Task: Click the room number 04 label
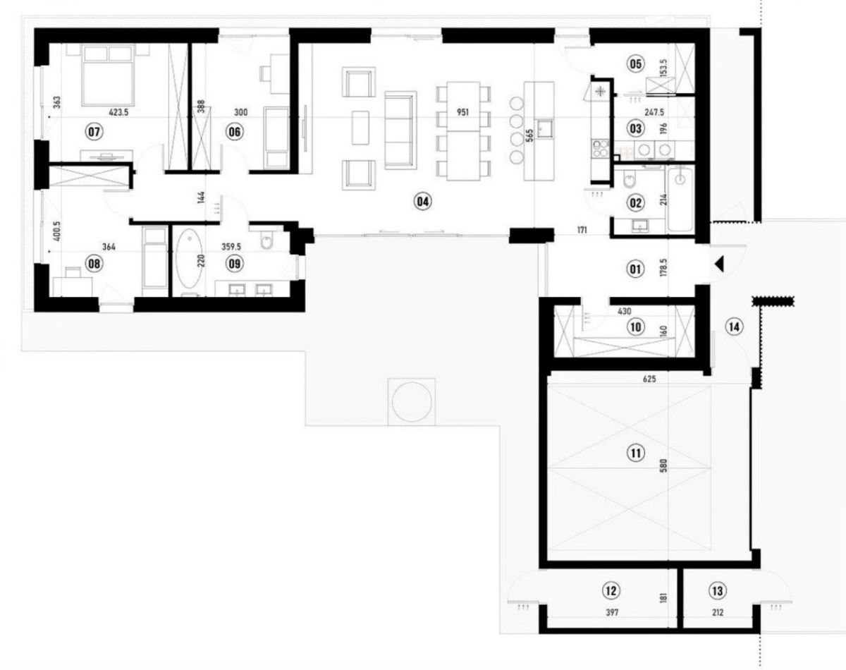tap(422, 202)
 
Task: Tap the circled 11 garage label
tap(636, 453)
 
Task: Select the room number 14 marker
tap(735, 327)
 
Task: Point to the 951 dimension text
tap(462, 112)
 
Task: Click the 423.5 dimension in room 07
tap(118, 113)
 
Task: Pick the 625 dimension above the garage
tap(649, 379)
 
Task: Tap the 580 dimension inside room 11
tap(663, 465)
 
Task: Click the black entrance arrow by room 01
tap(719, 264)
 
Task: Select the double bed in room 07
tap(108, 75)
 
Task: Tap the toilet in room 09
tap(267, 239)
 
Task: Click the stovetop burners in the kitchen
tap(600, 148)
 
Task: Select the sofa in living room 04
tap(400, 130)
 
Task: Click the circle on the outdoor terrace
tap(412, 402)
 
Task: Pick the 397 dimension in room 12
tap(612, 612)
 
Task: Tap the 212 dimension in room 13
tap(718, 612)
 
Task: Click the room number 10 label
tap(636, 327)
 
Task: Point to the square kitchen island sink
tap(545, 128)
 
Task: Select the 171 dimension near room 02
tap(582, 229)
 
